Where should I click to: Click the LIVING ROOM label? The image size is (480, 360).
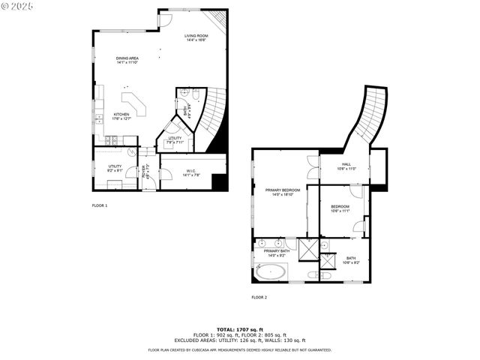click(x=196, y=37)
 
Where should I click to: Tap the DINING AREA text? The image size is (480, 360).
click(x=127, y=60)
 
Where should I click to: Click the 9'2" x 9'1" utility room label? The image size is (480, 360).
click(x=115, y=168)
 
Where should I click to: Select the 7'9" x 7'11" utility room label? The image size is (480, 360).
click(x=175, y=139)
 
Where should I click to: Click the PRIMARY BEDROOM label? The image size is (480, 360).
click(x=283, y=192)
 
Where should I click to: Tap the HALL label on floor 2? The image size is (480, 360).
click(x=346, y=166)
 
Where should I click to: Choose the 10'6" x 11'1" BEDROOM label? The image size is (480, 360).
click(x=340, y=208)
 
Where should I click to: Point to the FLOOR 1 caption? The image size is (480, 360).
click(x=100, y=205)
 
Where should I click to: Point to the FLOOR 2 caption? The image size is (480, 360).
click(x=259, y=297)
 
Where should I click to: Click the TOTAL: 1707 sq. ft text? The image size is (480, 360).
click(x=239, y=329)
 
